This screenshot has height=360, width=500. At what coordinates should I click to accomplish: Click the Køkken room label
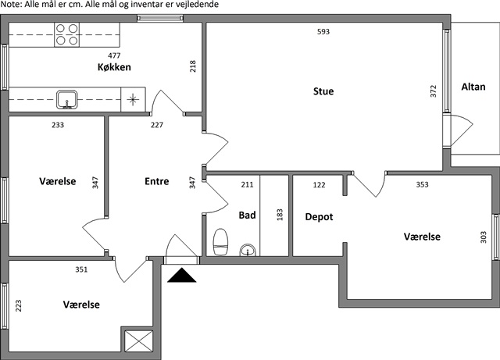[x=114, y=67]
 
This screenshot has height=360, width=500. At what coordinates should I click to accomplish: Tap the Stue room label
[x=323, y=91]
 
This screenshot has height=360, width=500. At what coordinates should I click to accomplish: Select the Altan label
[x=473, y=87]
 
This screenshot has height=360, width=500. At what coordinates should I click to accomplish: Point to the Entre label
[x=156, y=181]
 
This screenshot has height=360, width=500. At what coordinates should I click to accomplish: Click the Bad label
[x=247, y=216]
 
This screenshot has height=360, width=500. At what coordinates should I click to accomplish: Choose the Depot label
[x=319, y=217]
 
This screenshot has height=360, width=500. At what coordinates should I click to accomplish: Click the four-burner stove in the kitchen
[x=66, y=35]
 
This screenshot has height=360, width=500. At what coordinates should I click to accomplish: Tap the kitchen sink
[x=66, y=99]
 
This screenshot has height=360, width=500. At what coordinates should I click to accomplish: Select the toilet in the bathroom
[x=220, y=242]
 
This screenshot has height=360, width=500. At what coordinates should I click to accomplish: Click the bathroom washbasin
[x=248, y=250]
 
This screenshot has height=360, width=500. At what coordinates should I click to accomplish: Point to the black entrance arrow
[x=181, y=275]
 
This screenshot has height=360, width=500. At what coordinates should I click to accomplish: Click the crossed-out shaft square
[x=139, y=341]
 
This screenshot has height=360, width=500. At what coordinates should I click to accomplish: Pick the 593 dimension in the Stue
[x=323, y=31]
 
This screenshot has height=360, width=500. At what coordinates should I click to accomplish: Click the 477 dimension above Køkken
[x=114, y=55]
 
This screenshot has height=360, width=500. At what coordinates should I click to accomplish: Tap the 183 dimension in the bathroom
[x=280, y=215]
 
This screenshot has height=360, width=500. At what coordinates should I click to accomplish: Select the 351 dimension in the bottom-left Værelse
[x=81, y=269]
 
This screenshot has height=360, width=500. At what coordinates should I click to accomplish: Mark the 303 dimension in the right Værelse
[x=484, y=237]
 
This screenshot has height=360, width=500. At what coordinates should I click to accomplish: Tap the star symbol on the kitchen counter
[x=133, y=100]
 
